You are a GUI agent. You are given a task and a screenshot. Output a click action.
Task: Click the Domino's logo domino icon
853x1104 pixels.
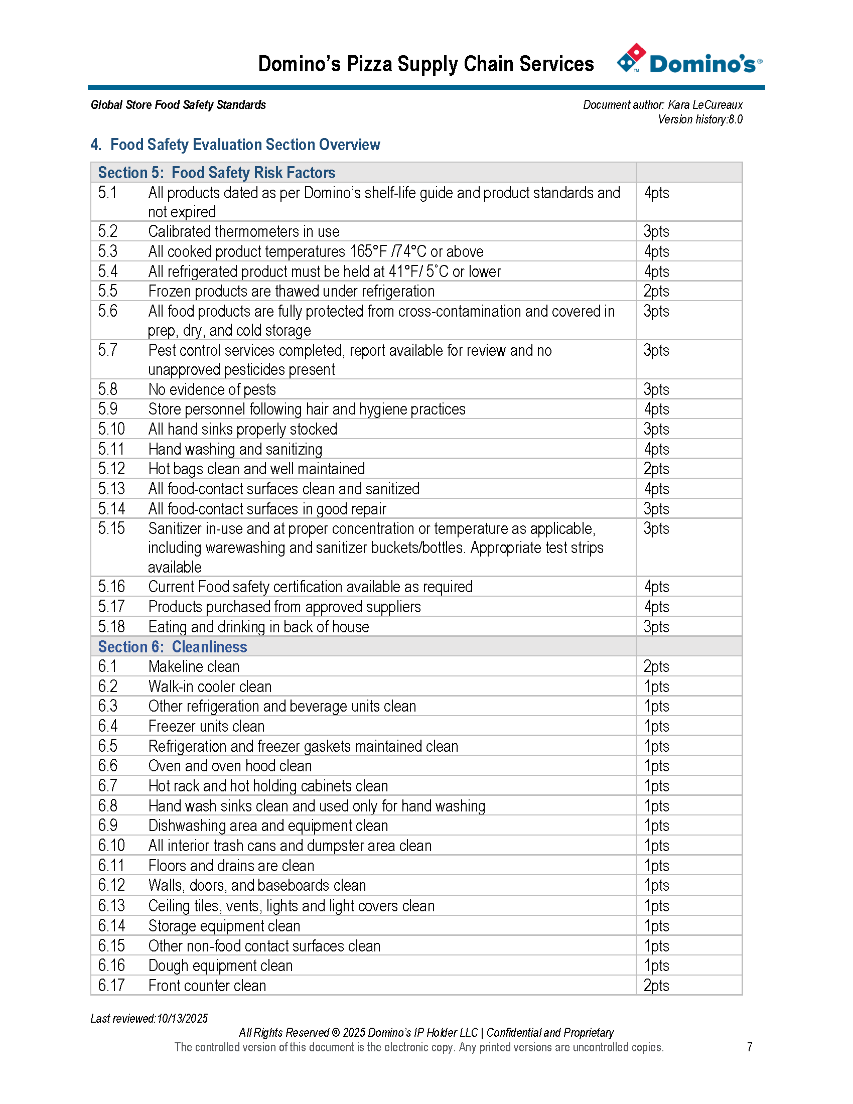pyautogui.click(x=631, y=58)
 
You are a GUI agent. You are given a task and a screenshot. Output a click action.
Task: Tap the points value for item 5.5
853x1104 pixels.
pyautogui.click(x=656, y=291)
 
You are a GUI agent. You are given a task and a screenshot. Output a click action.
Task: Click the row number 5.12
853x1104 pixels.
pyautogui.click(x=111, y=469)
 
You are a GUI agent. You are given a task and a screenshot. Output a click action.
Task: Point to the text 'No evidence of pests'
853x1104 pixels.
pyautogui.click(x=212, y=389)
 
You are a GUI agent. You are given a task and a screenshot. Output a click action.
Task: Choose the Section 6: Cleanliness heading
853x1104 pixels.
pyautogui.click(x=172, y=646)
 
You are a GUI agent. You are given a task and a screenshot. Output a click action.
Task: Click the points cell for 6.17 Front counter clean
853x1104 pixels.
pyautogui.click(x=656, y=985)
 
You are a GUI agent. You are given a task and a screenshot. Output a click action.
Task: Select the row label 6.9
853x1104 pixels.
pyautogui.click(x=108, y=825)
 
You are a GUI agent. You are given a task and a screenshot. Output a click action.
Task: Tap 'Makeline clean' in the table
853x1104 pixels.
pyautogui.click(x=194, y=666)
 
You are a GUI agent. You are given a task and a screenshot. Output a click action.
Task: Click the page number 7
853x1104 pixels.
pyautogui.click(x=750, y=1047)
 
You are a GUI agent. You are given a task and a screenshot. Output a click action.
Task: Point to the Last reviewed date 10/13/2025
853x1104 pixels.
pyautogui.click(x=182, y=1018)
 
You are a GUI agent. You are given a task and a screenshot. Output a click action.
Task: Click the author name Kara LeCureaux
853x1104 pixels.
pyautogui.click(x=705, y=105)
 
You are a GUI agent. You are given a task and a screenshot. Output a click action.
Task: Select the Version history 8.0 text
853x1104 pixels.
pyautogui.click(x=700, y=119)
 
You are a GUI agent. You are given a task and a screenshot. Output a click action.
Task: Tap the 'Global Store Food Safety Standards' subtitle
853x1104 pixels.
pyautogui.click(x=178, y=105)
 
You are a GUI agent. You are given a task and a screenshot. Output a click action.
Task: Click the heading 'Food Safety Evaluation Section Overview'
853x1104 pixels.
pyautogui.click(x=245, y=145)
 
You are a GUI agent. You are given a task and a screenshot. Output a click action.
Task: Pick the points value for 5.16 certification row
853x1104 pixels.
pyautogui.click(x=656, y=586)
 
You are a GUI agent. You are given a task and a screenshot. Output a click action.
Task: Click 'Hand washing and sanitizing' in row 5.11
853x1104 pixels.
pyautogui.click(x=235, y=449)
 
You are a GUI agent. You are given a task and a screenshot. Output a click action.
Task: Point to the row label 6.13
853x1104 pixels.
pyautogui.click(x=111, y=905)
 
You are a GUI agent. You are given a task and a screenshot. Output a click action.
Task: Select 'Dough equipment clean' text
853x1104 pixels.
pyautogui.click(x=220, y=965)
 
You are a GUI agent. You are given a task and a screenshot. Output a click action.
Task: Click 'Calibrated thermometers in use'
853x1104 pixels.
pyautogui.click(x=243, y=231)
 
